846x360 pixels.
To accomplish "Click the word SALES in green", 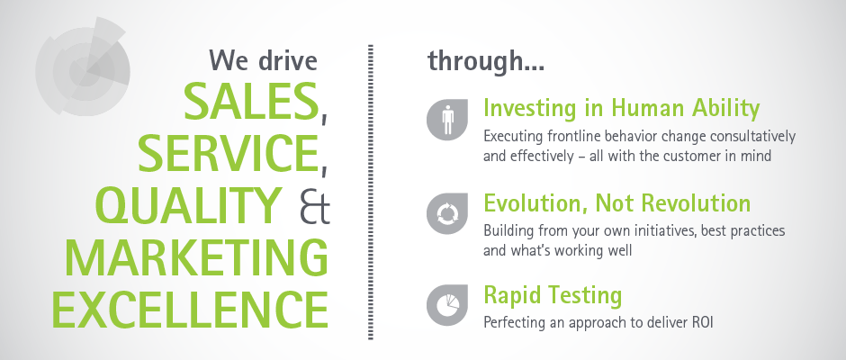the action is (x=251, y=101).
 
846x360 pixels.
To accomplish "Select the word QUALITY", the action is (x=189, y=205).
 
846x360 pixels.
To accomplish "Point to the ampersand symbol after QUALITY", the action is (x=314, y=206).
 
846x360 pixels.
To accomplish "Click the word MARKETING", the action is (x=196, y=257).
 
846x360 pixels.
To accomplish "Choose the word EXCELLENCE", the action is (x=190, y=310).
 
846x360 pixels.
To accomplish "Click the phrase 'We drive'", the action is (x=264, y=59).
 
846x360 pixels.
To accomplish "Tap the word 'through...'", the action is (x=486, y=60).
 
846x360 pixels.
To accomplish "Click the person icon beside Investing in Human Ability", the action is (x=447, y=120).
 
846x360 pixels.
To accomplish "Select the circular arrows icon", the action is (x=447, y=213).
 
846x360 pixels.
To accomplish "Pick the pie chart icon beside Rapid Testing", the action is (x=447, y=306).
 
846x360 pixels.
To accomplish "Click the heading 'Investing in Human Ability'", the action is (x=622, y=108).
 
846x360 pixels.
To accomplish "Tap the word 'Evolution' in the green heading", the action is (x=536, y=203).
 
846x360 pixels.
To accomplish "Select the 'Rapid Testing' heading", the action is (x=553, y=296).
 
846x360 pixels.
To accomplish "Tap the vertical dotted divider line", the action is (x=371, y=192).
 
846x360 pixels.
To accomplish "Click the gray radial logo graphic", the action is (x=83, y=68).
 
